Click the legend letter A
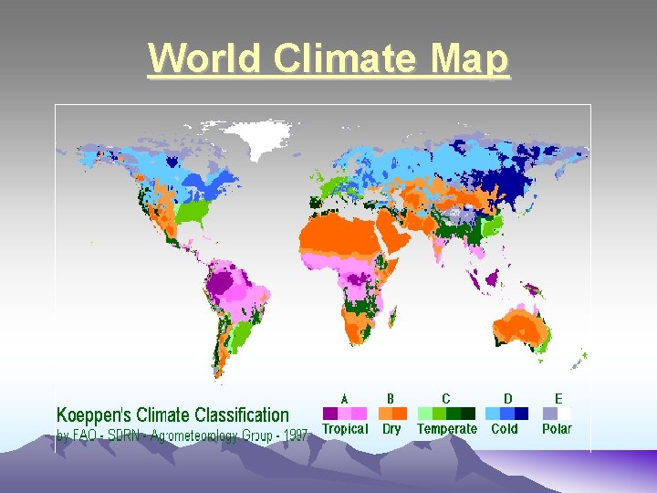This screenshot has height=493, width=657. pos(345,398)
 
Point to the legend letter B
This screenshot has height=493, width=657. pos(391,398)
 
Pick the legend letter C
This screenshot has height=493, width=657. pos(446,398)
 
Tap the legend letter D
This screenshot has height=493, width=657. pos(507,398)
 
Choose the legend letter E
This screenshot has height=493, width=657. pos(558,398)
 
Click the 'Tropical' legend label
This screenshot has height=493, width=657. pos(345,429)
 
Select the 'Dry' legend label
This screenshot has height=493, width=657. pos(391,429)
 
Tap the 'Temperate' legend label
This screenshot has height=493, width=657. pos(447,429)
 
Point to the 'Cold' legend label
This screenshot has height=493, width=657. pos(505,429)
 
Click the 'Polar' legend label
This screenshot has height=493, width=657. pos(557,429)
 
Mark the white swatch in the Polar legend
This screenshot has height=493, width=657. pos(565,414)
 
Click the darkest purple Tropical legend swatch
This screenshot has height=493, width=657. pos(331,414)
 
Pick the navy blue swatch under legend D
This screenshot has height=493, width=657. pos(521,414)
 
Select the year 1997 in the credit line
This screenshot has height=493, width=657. pos(295,435)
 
